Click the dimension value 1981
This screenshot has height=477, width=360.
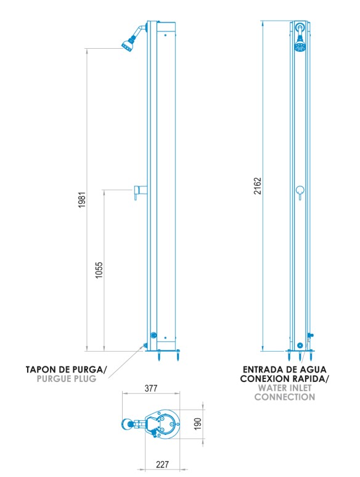[83, 200]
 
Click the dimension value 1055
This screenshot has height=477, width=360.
[99, 270]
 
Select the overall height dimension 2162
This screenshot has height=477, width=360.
[258, 186]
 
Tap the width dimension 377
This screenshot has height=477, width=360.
[151, 388]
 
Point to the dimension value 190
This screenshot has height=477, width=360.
[198, 424]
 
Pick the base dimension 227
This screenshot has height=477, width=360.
[162, 465]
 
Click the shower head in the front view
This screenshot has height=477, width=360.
[300, 44]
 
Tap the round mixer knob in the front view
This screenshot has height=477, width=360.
[300, 190]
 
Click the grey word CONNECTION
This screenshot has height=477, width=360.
[285, 397]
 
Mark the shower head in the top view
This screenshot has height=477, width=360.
[127, 424]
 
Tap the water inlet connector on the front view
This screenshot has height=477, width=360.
[310, 336]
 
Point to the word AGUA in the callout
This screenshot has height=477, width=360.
[313, 370]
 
